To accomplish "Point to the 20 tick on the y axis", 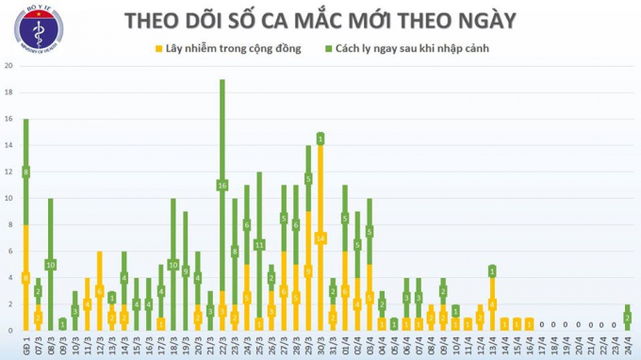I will pyautogui.click(x=8, y=66).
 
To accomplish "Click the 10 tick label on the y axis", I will pyautogui.click(x=8, y=199).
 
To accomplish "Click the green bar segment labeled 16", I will pyautogui.click(x=222, y=185).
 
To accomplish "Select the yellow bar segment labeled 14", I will pyautogui.click(x=320, y=237).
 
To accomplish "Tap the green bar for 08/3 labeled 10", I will pyautogui.click(x=50, y=264).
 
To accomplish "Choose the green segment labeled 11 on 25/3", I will pyautogui.click(x=259, y=244).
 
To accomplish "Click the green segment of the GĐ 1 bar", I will pyautogui.click(x=25, y=172).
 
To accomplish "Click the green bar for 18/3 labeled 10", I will pyautogui.click(x=173, y=264).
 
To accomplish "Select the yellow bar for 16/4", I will pyautogui.click(x=529, y=324).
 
